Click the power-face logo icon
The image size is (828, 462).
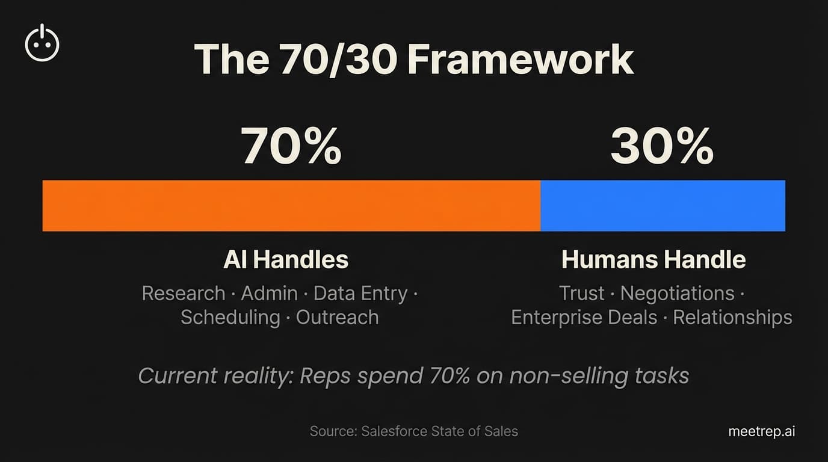coord(42,44)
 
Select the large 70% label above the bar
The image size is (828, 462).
coord(291,146)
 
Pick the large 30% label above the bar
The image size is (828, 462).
coord(662,146)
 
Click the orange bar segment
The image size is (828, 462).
coord(291,206)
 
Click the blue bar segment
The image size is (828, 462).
coord(663,206)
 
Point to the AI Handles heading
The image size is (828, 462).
coord(286,260)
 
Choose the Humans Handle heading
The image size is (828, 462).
coord(653,260)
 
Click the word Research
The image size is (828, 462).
coord(184,294)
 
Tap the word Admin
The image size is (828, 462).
coord(269,294)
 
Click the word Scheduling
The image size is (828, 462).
coord(230,318)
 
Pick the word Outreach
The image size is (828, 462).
coord(338,318)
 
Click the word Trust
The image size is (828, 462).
coord(581,294)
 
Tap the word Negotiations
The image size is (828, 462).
coord(678,294)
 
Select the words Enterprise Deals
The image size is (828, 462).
coord(584,318)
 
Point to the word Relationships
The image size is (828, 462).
coord(732,318)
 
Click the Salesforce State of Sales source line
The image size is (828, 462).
coord(414,431)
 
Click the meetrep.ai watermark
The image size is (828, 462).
coord(762,431)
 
